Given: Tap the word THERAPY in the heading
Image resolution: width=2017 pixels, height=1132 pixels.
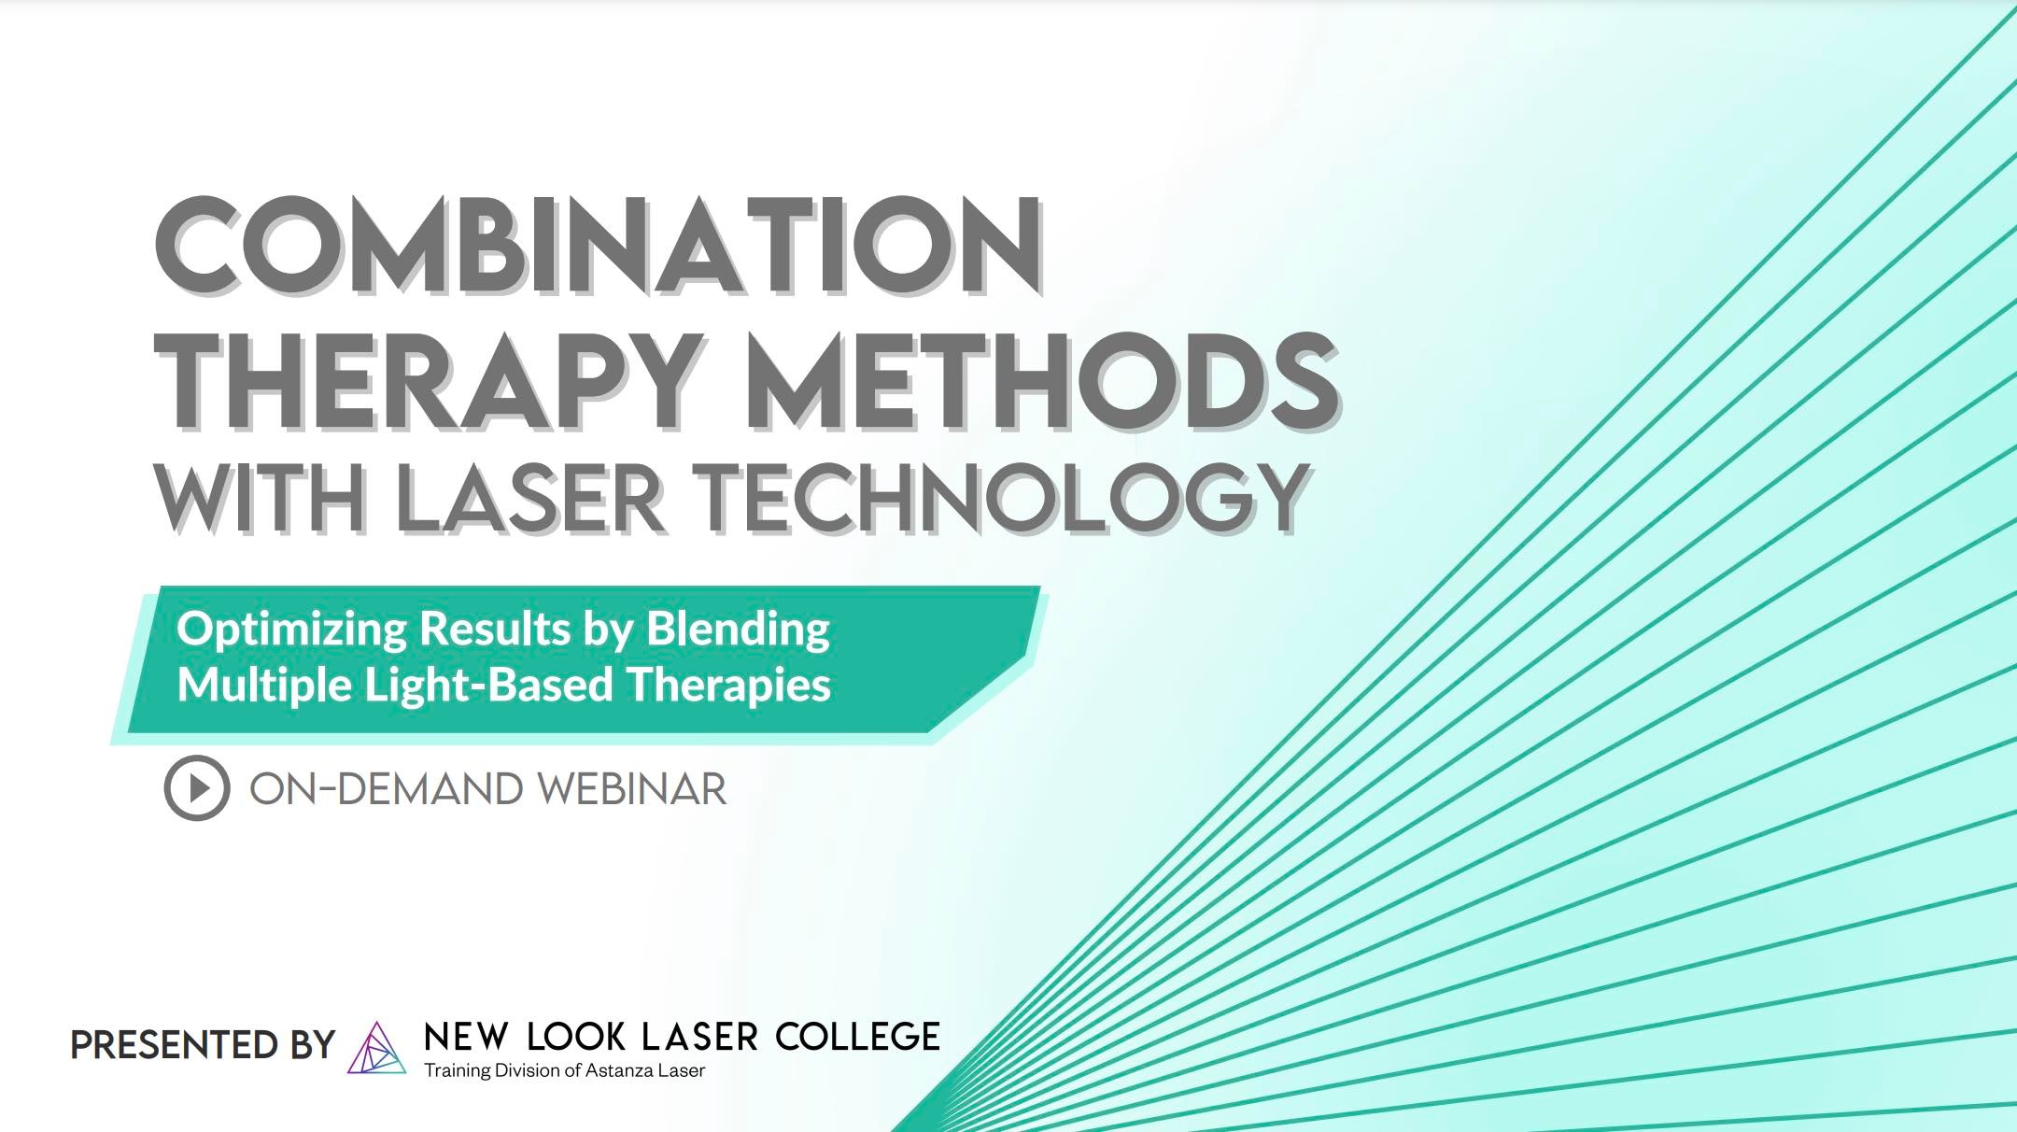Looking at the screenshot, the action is point(429,383).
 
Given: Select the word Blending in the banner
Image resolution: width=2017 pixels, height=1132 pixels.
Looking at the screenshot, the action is point(738,630).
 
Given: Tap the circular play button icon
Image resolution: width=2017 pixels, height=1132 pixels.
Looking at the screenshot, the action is point(197,788).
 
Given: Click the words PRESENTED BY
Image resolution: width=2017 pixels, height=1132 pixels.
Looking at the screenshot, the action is point(203,1044).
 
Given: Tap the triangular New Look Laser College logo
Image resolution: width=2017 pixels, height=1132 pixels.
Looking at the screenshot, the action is point(376,1048).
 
